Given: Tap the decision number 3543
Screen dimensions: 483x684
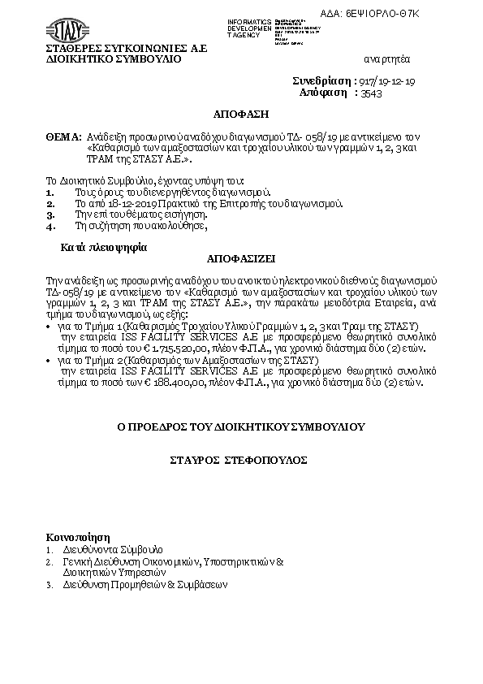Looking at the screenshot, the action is (x=371, y=93).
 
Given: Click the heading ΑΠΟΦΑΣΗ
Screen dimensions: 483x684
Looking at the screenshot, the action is (x=240, y=115).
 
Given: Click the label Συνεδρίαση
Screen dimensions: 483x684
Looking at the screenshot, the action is (x=321, y=82).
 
